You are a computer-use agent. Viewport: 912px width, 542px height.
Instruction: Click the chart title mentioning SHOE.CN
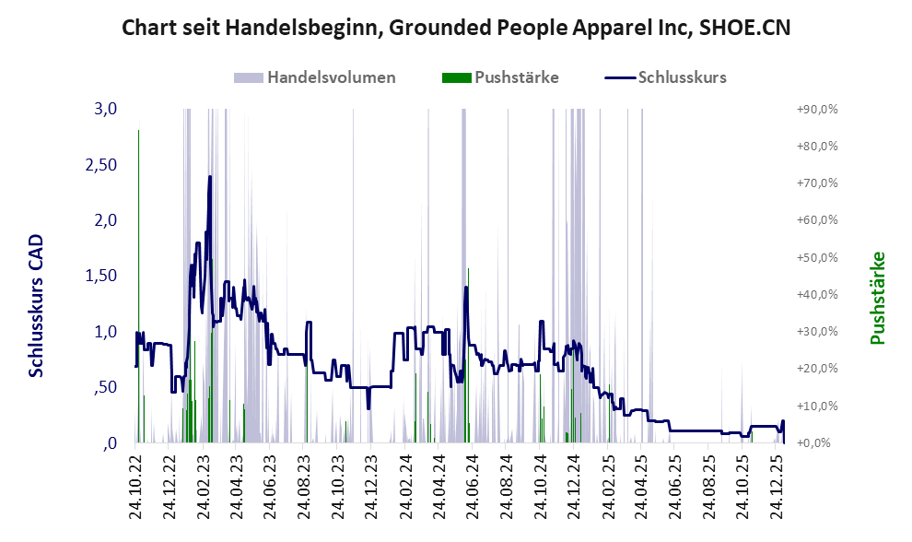point(456,28)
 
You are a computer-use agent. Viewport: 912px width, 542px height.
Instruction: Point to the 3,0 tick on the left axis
point(106,109)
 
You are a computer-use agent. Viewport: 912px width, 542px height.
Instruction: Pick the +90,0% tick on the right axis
point(817,109)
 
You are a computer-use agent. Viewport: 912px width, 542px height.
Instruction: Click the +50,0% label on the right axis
point(817,257)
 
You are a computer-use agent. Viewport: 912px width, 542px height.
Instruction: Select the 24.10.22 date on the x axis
point(135,489)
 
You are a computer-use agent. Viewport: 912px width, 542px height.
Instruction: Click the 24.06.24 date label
point(472,489)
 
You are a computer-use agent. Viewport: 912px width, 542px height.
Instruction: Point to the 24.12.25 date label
point(776,489)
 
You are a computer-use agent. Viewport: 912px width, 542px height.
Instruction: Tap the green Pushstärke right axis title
point(877,299)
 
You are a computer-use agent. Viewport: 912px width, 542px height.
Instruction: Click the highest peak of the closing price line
point(210,177)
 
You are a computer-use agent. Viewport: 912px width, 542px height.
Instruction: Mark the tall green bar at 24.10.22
point(138,277)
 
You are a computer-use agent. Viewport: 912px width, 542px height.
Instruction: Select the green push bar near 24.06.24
point(469,350)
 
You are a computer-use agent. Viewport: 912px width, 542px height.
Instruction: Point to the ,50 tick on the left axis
point(106,387)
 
